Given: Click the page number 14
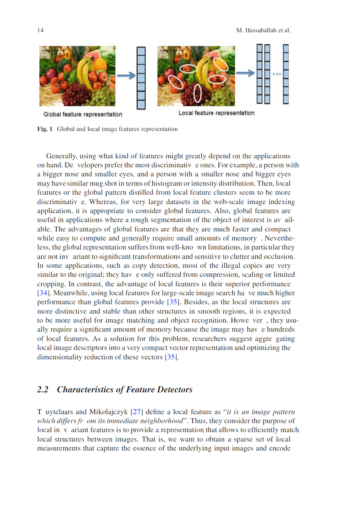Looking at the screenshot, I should tap(40, 30).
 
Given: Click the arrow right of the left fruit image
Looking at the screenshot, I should tap(126, 75).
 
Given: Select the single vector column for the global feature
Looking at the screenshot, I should tap(141, 78).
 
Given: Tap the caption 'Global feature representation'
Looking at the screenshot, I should tap(83, 114).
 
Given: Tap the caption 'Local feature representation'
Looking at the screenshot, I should tap(216, 113).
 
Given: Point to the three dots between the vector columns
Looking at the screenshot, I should tap(277, 74).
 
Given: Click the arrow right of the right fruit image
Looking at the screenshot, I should tap(245, 73).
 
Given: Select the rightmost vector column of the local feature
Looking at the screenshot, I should tap(286, 74).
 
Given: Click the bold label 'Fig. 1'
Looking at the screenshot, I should tap(45, 129).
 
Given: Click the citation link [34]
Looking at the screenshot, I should tap(43, 293).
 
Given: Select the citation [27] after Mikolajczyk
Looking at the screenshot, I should tap(136, 412).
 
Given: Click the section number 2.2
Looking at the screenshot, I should tap(42, 390).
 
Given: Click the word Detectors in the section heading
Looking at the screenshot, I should tap(175, 390).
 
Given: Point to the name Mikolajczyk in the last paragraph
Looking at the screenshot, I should tap(108, 412).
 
